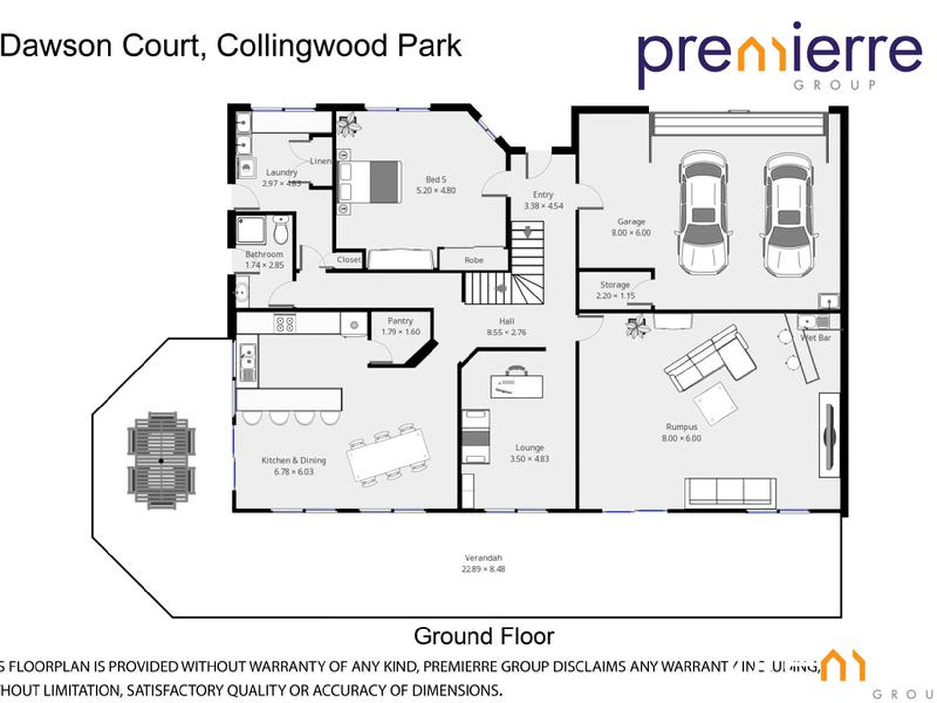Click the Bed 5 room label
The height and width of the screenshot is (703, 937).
point(435,179)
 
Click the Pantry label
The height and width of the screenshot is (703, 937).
point(400,321)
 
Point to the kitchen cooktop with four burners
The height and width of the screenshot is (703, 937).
point(285,323)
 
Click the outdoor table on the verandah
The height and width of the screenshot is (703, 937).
point(161,460)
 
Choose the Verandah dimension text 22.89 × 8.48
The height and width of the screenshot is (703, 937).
point(483,569)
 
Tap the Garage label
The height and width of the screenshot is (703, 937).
point(631,222)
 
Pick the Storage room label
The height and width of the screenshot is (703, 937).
point(614,285)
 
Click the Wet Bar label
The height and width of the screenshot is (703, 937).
point(815,338)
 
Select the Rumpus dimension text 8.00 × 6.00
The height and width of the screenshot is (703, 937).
point(681,438)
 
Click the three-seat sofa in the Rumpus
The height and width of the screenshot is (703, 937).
point(729,492)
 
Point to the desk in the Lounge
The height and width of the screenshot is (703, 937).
point(516,386)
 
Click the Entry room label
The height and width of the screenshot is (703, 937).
point(543,195)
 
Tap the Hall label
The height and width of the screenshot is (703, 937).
point(506,321)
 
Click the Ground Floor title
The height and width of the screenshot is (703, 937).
point(484,636)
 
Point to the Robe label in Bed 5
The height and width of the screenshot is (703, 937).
point(473,260)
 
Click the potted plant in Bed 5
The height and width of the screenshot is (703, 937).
point(349,124)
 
